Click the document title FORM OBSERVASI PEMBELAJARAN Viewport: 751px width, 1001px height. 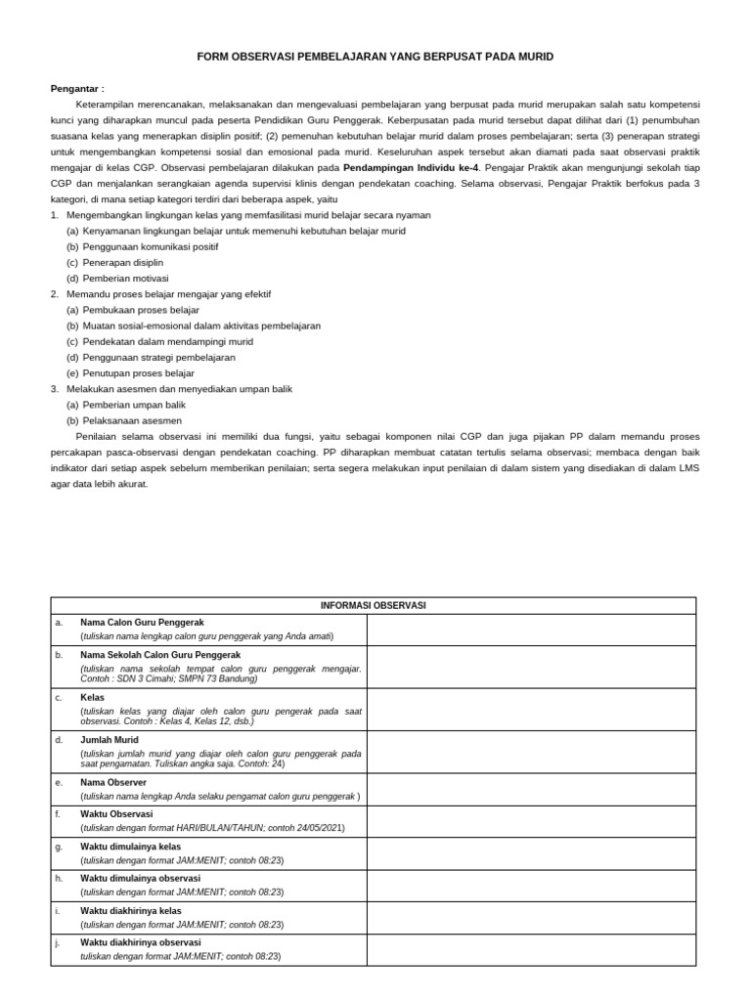coord(375,57)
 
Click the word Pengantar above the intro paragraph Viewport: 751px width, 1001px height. coord(76,88)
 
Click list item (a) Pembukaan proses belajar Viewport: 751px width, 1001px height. coord(132,310)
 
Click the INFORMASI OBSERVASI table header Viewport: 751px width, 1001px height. coord(374,605)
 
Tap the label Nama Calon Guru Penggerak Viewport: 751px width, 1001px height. coord(142,622)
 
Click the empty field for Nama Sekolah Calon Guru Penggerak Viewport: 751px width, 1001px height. coord(531,666)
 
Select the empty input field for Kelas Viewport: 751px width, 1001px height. coord(531,709)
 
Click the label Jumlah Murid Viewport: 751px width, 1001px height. coord(110,740)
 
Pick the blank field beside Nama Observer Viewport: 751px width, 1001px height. coord(531,789)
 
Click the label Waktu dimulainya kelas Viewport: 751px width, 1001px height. coord(130,847)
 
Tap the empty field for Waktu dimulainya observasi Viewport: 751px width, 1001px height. coord(531,885)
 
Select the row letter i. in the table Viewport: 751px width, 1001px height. coord(58,911)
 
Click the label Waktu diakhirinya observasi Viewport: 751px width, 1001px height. coord(140,942)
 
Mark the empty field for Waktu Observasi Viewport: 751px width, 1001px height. coord(531,820)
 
